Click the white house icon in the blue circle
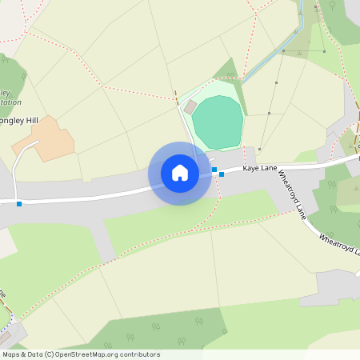(180, 173)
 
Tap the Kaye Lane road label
(259, 169)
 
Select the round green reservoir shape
(217, 122)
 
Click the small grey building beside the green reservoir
(190, 106)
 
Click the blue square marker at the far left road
(19, 204)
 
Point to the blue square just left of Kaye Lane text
(222, 174)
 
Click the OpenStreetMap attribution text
(80, 354)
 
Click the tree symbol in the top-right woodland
(331, 6)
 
